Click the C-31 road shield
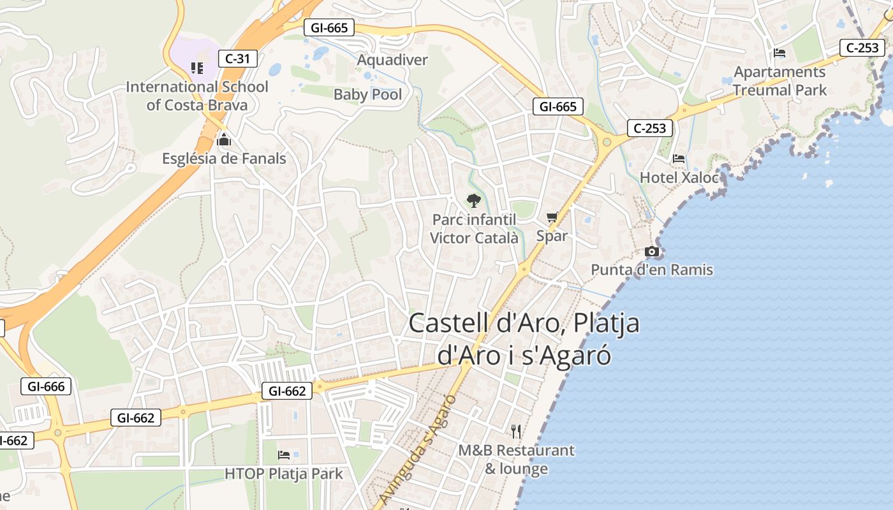pos(237,59)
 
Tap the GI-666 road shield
pos(46,386)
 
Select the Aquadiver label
pos(392,60)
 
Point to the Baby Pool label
pos(368,95)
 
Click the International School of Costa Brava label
pos(197,96)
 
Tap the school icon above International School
pos(197,68)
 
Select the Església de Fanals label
pos(224,159)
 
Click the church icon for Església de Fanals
pos(224,139)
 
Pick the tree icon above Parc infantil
pos(473,201)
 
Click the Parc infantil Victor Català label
pos(474,229)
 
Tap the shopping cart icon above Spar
pos(552,217)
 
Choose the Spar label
pos(552,236)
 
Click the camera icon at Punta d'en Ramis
pos(651,251)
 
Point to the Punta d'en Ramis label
pos(652,270)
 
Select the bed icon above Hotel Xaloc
pos(679,158)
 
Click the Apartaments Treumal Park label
pos(779,81)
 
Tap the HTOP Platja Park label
pos(284,474)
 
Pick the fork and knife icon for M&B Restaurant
pos(516,432)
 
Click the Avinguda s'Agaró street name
pos(418,449)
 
